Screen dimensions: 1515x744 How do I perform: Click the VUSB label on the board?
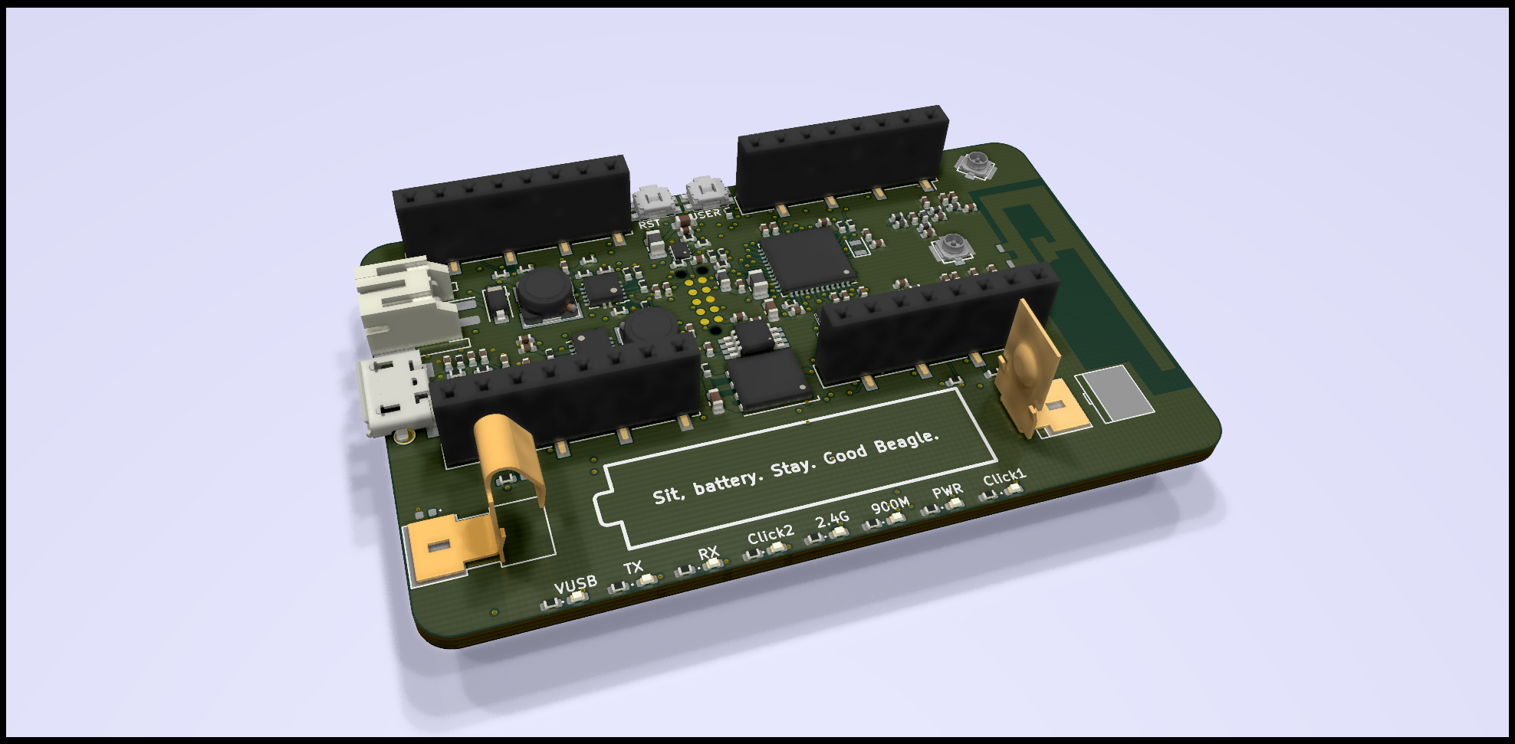[575, 585]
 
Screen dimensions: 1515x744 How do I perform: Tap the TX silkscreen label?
[633, 568]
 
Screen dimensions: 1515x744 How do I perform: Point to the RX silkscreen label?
[708, 552]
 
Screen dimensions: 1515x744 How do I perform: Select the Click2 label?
[771, 534]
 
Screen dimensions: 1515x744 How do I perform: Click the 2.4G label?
[832, 519]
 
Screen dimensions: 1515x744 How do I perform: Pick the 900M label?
[890, 506]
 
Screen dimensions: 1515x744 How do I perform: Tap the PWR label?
[948, 490]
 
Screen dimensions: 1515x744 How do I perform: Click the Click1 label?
[1004, 477]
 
